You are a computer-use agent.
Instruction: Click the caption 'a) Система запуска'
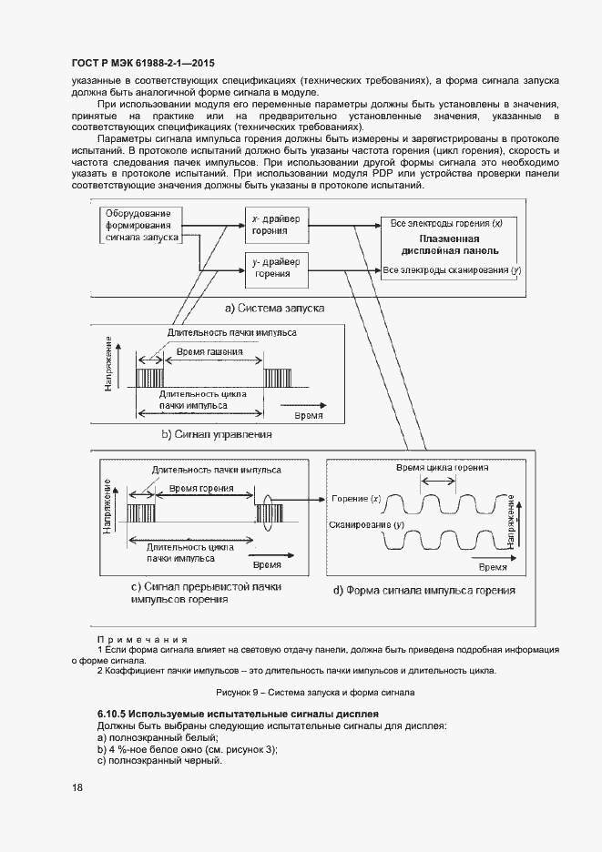pyautogui.click(x=274, y=309)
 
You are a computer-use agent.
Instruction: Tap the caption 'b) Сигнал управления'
pyautogui.click(x=217, y=434)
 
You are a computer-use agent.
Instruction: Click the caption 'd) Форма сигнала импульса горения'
pyautogui.click(x=423, y=590)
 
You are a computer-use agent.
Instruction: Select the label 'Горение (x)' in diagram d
pyautogui.click(x=357, y=499)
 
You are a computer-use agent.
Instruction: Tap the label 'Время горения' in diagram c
pyautogui.click(x=202, y=489)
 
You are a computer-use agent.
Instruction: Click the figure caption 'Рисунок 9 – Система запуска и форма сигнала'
pyautogui.click(x=301, y=692)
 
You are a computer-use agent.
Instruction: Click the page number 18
pyautogui.click(x=77, y=788)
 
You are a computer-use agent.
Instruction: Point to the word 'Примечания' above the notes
pyautogui.click(x=142, y=640)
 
